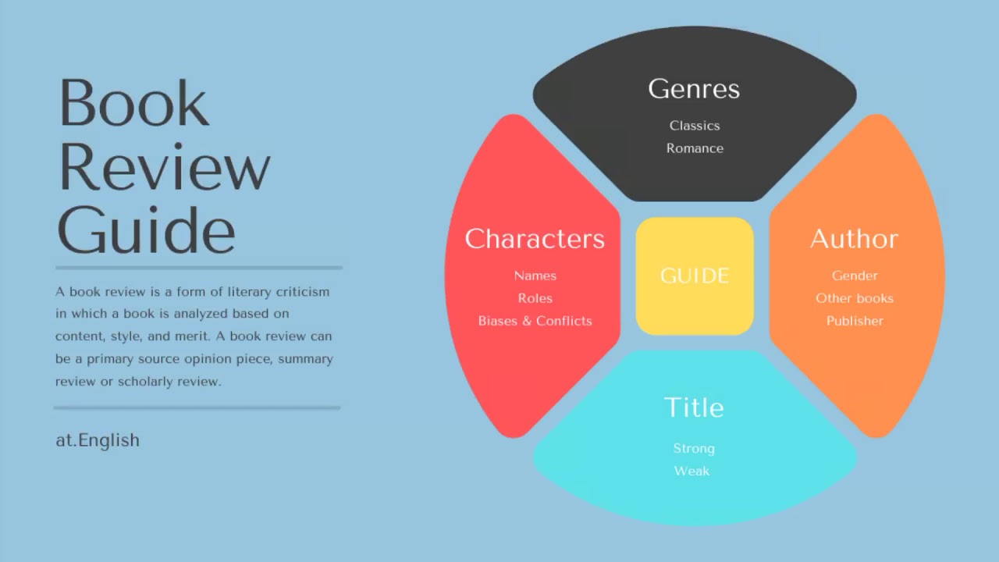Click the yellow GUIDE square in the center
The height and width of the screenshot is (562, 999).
pyautogui.click(x=695, y=276)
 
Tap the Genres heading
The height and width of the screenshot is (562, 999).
pyautogui.click(x=694, y=89)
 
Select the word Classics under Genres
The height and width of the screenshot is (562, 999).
pyautogui.click(x=695, y=126)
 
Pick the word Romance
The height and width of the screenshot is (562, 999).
pyautogui.click(x=695, y=148)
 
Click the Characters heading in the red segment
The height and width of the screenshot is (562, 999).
pyautogui.click(x=535, y=239)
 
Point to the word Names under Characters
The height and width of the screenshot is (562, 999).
pyautogui.click(x=535, y=276)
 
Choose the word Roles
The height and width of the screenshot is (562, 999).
pyautogui.click(x=535, y=298)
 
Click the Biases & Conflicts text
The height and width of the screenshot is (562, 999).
pyautogui.click(x=535, y=321)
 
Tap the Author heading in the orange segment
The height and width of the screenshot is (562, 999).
pyautogui.click(x=854, y=239)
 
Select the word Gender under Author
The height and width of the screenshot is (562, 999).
pyautogui.click(x=855, y=276)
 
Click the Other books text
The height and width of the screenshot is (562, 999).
pyautogui.click(x=855, y=298)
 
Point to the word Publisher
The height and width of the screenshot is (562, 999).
pyautogui.click(x=855, y=321)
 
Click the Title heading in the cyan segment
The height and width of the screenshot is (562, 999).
pyautogui.click(x=694, y=407)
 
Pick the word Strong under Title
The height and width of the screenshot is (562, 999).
pyautogui.click(x=694, y=448)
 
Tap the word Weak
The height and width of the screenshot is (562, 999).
pyautogui.click(x=692, y=471)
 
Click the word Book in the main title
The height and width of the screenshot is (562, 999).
pyautogui.click(x=133, y=103)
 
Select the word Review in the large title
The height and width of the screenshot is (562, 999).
pyautogui.click(x=164, y=167)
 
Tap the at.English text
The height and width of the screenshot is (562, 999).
pyautogui.click(x=98, y=440)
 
